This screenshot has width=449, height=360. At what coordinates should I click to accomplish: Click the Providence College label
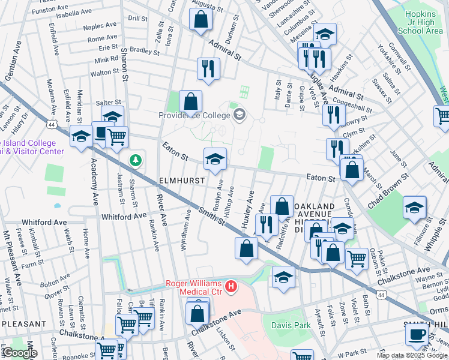point(194,115)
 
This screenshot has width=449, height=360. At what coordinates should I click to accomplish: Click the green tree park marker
point(136,160)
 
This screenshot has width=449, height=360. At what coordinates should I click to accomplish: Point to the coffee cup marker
point(417,334)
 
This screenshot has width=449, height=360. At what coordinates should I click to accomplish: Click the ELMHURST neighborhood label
point(182,180)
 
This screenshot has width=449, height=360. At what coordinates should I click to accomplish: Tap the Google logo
point(19,353)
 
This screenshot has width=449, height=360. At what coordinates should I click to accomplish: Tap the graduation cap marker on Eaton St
point(215,159)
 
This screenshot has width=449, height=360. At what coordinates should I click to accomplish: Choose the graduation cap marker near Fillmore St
point(414,208)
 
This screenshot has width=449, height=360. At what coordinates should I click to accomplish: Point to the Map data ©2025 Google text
point(412,355)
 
